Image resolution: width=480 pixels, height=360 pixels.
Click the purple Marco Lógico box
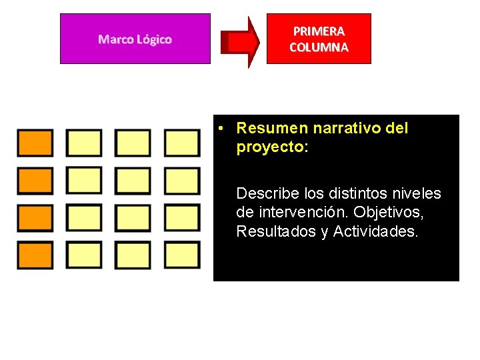click(135, 39)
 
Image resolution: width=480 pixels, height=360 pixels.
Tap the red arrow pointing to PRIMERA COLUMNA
click(241, 42)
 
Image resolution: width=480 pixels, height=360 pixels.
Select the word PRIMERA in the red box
click(319, 31)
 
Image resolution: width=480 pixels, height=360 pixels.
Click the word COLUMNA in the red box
click(319, 47)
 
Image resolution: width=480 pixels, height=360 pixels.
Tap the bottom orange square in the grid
click(35, 255)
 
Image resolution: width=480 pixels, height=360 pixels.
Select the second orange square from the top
click(35, 181)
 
